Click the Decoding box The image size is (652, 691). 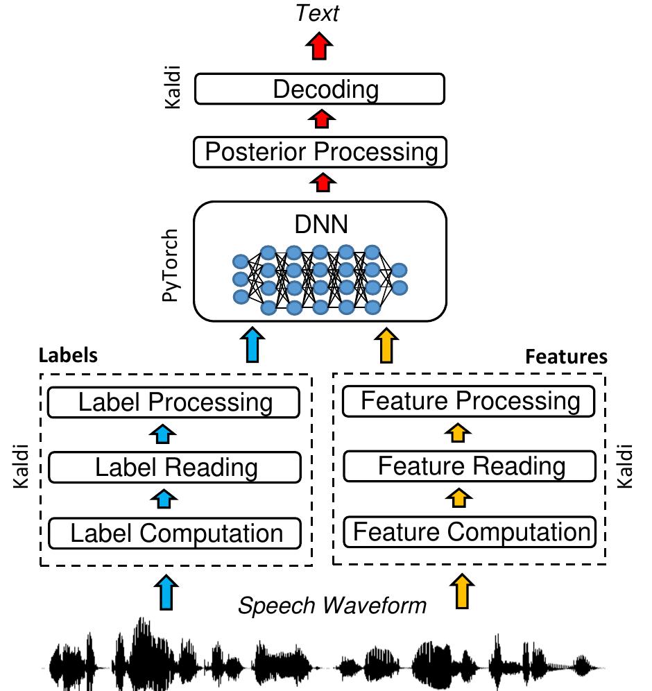[319, 89]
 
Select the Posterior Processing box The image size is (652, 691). [319, 151]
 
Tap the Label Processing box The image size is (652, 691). [175, 402]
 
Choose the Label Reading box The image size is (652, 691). [175, 467]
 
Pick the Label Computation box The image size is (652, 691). [175, 533]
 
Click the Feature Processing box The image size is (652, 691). [470, 401]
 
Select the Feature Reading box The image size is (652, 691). [470, 466]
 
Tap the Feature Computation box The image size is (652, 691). [470, 532]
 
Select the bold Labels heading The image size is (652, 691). [68, 356]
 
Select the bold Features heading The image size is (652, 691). [566, 357]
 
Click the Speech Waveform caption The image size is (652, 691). [332, 606]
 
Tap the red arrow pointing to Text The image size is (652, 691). [319, 47]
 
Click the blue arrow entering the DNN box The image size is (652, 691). [255, 345]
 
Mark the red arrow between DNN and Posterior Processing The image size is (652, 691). [319, 183]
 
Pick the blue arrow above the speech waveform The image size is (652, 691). [165, 592]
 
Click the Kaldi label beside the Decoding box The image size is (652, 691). [171, 89]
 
